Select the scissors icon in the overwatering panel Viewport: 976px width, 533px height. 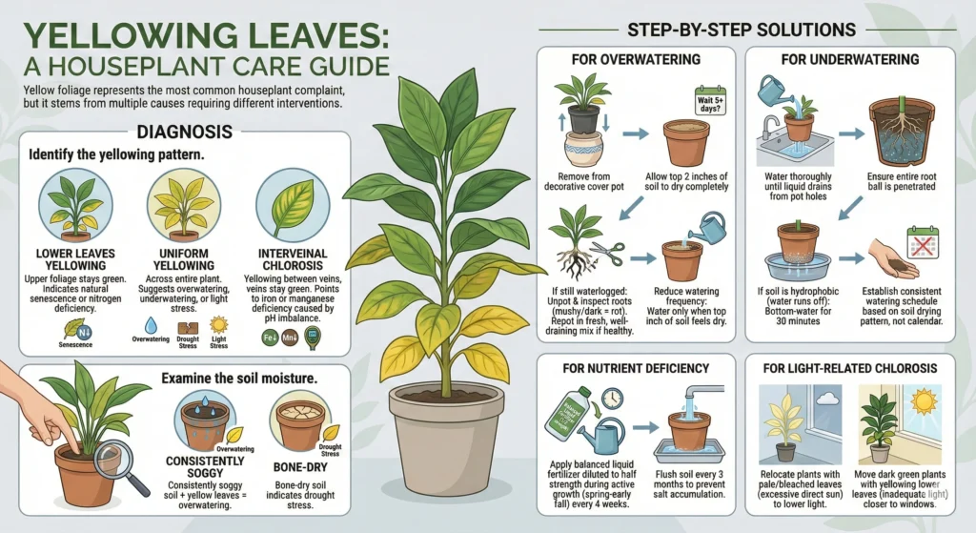pyautogui.click(x=607, y=253)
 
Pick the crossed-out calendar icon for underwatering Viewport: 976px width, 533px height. pyautogui.click(x=922, y=244)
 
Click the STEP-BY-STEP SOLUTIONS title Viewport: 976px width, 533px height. pyautogui.click(x=741, y=31)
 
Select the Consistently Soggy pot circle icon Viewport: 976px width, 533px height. pyautogui.click(x=204, y=423)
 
